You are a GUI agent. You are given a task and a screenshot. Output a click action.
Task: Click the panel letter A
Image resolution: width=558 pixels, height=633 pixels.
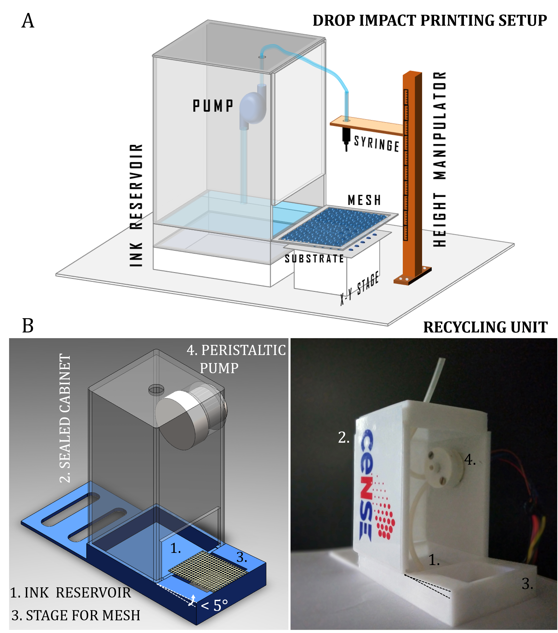click(x=28, y=21)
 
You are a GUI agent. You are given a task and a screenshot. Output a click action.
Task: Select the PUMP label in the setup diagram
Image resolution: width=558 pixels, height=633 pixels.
click(x=213, y=106)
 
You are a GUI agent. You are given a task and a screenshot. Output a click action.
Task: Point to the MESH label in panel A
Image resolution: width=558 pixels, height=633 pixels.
click(x=364, y=200)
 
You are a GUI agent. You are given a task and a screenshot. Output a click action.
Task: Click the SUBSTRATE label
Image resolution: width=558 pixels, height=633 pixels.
click(x=314, y=259)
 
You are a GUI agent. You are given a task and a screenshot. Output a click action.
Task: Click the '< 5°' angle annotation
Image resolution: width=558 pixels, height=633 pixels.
click(x=214, y=605)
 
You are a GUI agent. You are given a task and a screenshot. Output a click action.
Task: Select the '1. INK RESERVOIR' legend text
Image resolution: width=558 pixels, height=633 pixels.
click(x=70, y=593)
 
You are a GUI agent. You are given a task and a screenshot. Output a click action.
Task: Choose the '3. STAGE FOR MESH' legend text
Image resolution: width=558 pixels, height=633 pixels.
click(x=76, y=615)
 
